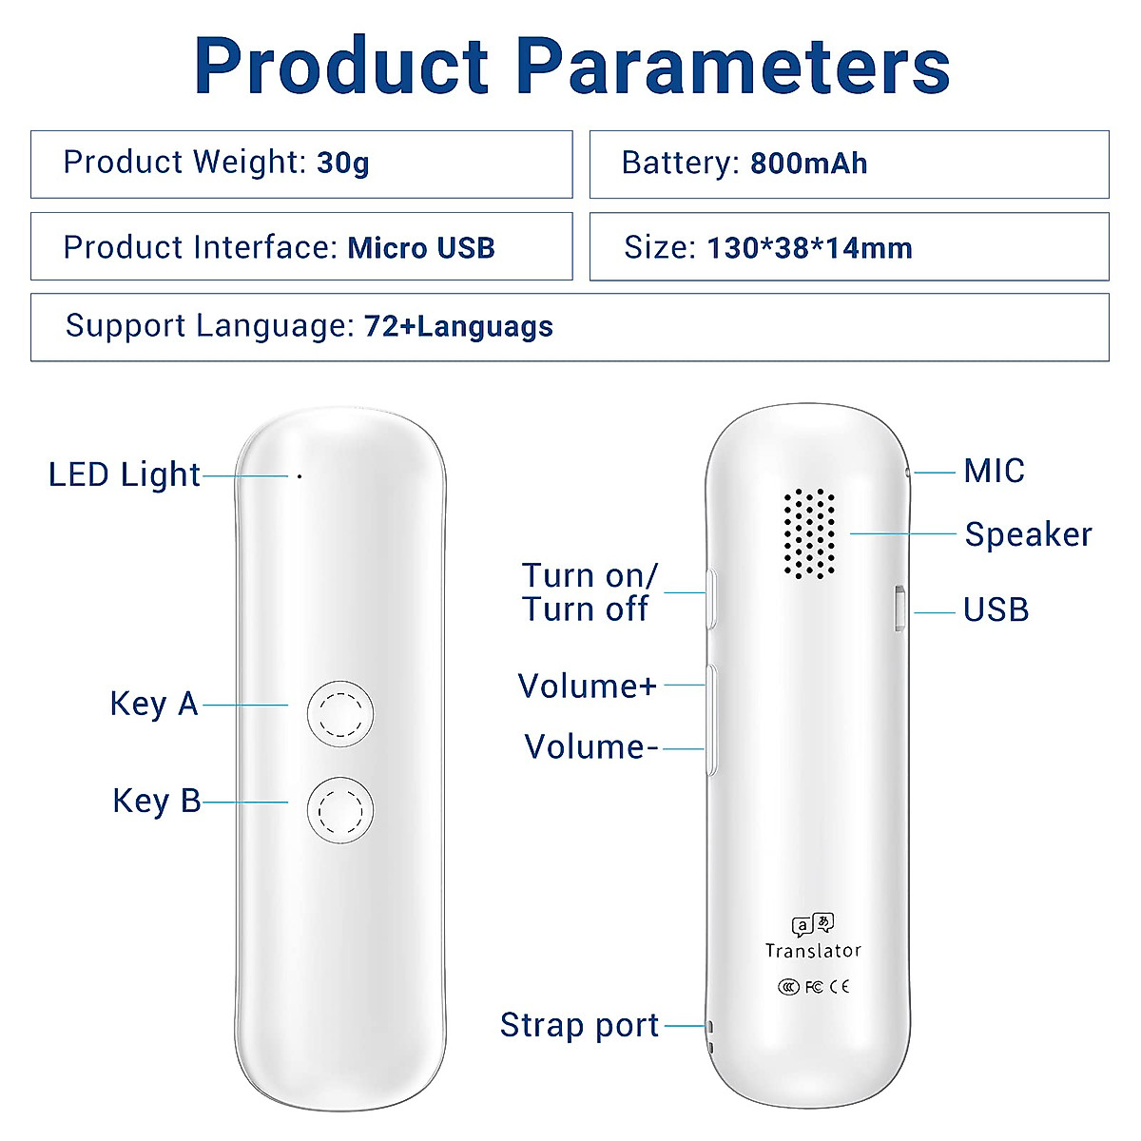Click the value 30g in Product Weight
point(342,164)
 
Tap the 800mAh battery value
point(808,164)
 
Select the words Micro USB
point(421,248)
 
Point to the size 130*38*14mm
point(809,248)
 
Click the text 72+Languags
point(458,327)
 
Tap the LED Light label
point(124,474)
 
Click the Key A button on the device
point(340,713)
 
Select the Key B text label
point(156,801)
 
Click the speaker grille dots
point(810,533)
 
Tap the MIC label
point(994,471)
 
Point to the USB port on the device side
point(899,609)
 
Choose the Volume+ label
point(587,686)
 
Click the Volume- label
point(590,746)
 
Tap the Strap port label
point(579,1025)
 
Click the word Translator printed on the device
point(813,950)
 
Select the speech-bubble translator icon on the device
point(813,923)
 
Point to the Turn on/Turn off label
point(589,591)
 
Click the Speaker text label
point(1028,534)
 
